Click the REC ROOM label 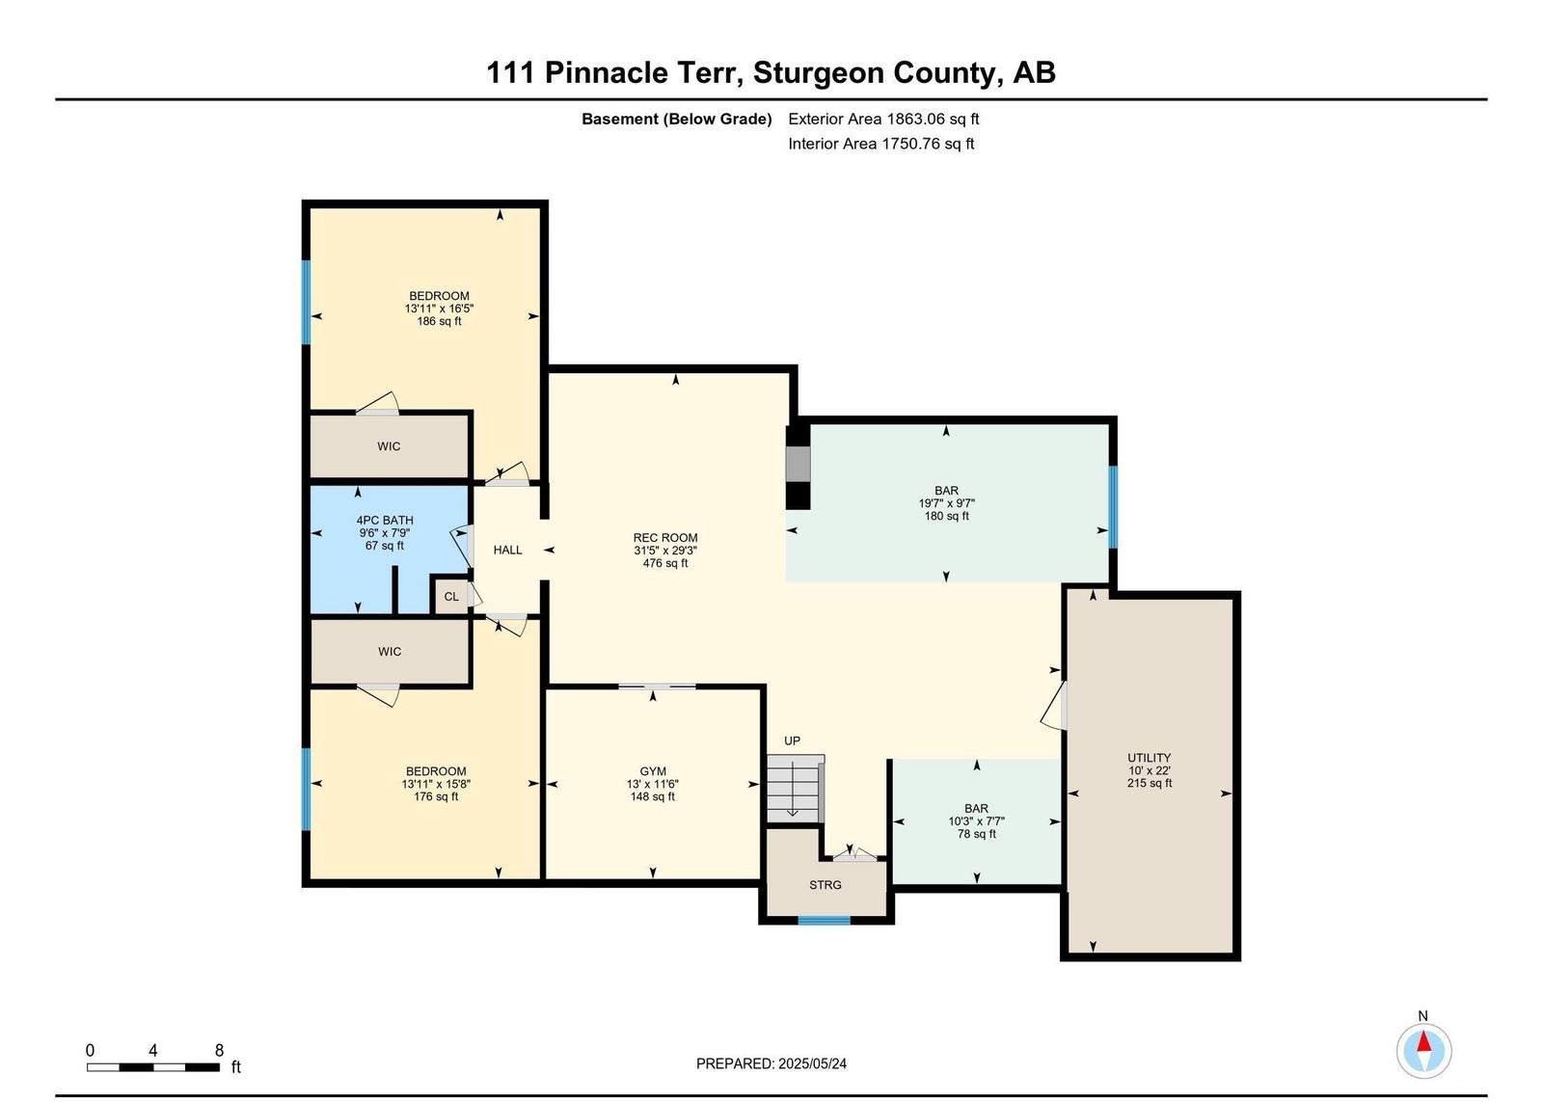point(665,538)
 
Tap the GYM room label point(652,771)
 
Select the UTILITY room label point(1149,758)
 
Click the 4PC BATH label point(385,521)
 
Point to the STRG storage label point(826,885)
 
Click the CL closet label point(451,597)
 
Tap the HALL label point(507,550)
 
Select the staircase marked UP point(796,789)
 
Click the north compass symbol point(1423,1051)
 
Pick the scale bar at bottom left point(153,1067)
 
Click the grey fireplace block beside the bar point(799,465)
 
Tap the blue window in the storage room point(824,920)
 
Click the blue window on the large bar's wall point(1113,507)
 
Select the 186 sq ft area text point(439,321)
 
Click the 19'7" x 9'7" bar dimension point(946,503)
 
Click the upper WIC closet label point(389,446)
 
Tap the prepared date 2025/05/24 point(812,1063)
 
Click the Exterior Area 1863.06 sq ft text point(883,119)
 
